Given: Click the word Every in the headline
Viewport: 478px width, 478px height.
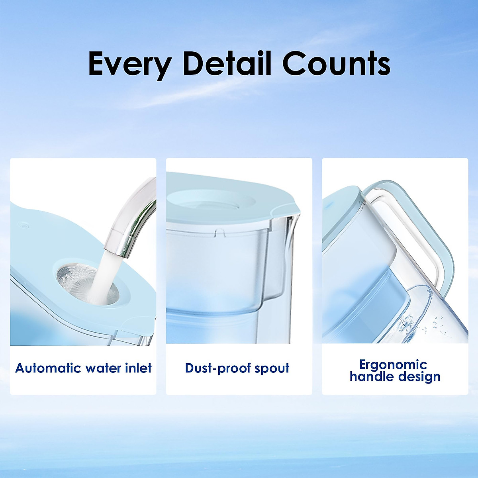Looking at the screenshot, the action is point(130,65).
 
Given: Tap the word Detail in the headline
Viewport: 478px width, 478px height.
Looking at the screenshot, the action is point(227,63).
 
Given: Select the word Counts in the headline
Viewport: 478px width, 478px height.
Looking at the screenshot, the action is point(336,63).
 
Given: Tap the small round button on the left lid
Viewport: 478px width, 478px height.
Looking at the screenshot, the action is point(24,225).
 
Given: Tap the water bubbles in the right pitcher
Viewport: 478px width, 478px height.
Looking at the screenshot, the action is point(422,324).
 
